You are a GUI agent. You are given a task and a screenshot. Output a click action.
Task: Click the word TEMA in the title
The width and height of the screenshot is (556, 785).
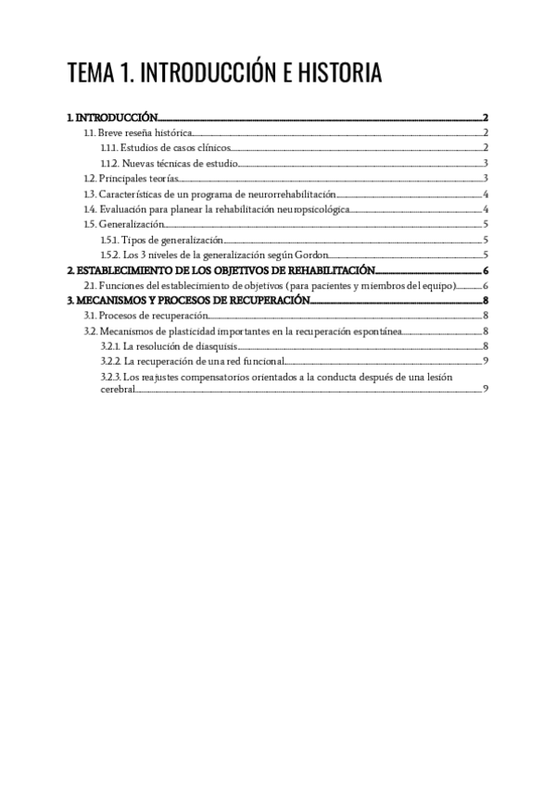coord(92,74)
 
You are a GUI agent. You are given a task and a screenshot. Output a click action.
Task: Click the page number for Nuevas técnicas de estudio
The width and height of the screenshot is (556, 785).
coord(486,164)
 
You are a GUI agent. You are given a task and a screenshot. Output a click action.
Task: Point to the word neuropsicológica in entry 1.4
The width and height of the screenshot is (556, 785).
coord(307,209)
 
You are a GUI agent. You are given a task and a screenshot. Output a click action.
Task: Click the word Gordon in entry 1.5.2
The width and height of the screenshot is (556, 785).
coord(310,255)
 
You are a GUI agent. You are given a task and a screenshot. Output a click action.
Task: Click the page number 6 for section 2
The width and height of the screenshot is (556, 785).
coord(486,270)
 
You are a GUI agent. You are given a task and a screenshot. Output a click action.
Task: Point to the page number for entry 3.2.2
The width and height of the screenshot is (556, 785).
coord(486,361)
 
